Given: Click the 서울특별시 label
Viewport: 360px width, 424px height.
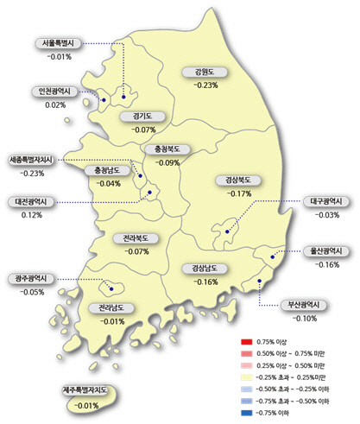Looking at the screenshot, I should point(57,42).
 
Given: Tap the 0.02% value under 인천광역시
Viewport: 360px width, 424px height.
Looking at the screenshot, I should point(55,104).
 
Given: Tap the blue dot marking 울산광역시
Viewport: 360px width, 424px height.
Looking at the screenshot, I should point(273,257).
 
